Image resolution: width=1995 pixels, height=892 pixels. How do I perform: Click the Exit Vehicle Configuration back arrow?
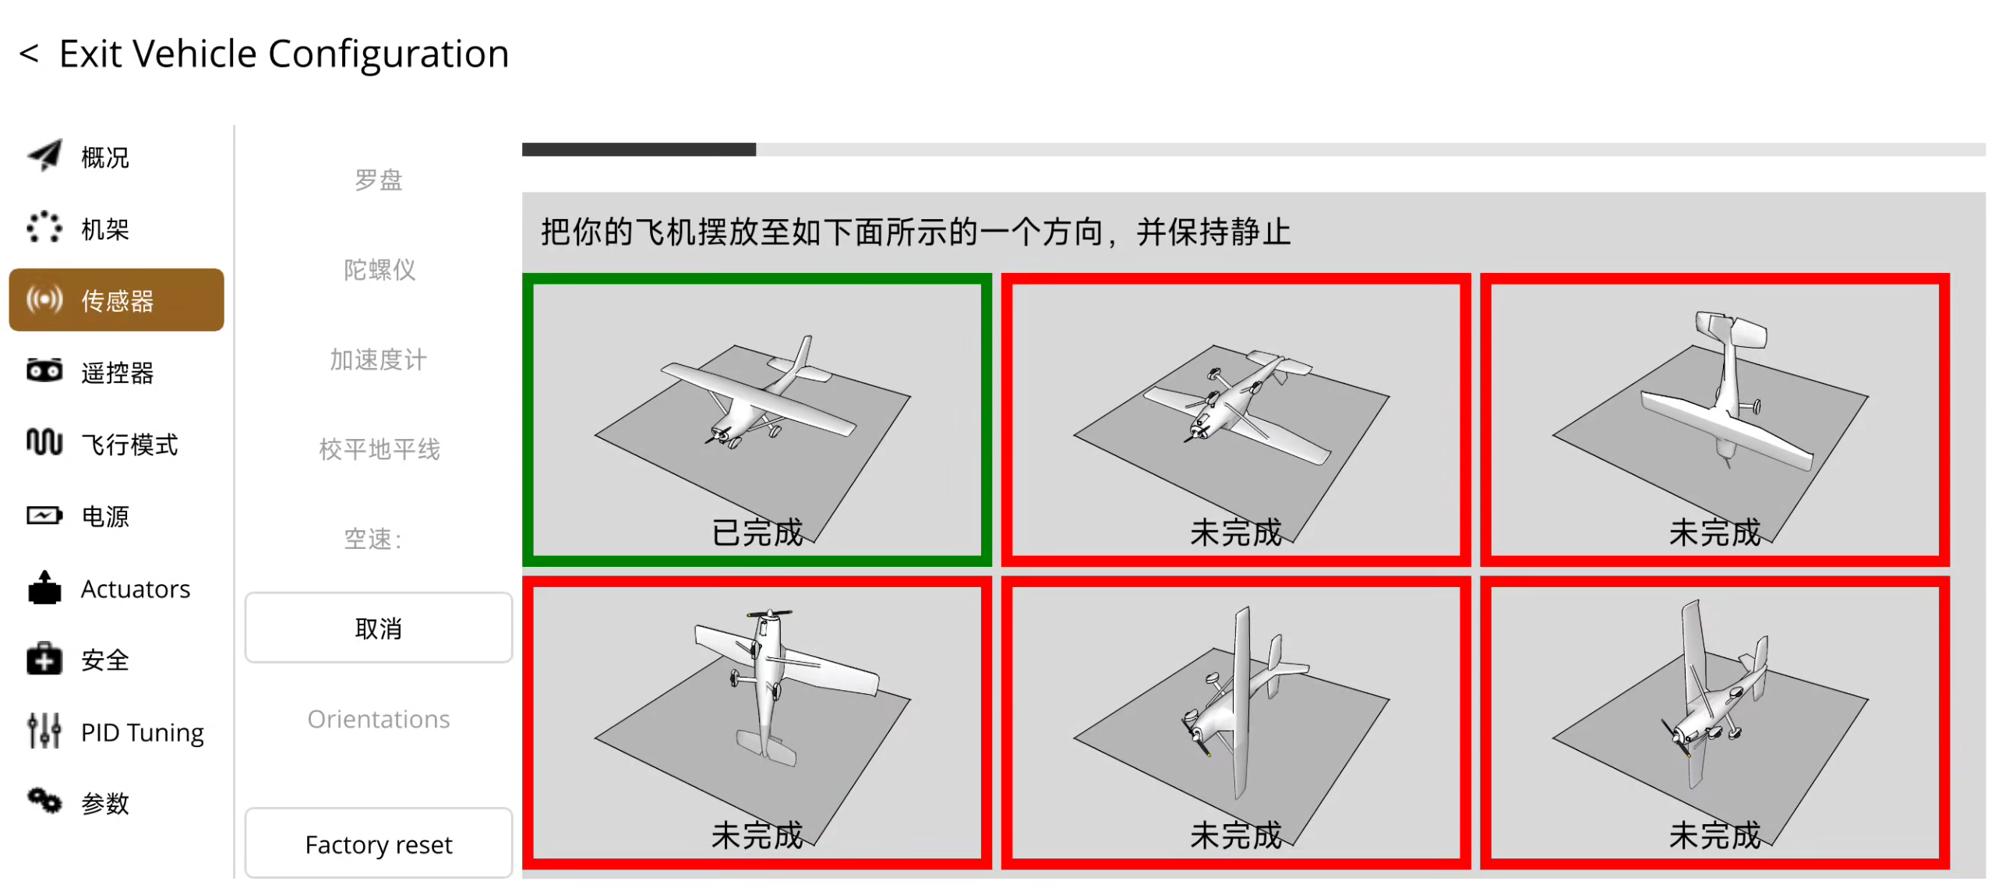click(x=29, y=54)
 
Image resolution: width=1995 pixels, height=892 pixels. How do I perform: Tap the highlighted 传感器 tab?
click(x=117, y=300)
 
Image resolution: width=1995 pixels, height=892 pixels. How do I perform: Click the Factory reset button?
click(x=379, y=844)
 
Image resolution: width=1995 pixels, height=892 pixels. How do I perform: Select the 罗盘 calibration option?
click(x=379, y=180)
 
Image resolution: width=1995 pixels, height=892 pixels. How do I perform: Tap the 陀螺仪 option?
click(x=379, y=270)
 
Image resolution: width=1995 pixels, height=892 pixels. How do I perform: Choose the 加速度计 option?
click(x=379, y=359)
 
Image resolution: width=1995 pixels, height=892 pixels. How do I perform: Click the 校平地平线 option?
click(x=379, y=449)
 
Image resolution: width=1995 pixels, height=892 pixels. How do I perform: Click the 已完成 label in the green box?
click(x=757, y=533)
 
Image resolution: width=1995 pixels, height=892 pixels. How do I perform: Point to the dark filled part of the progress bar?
click(x=639, y=150)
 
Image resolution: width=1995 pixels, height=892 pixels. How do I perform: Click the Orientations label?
click(x=379, y=719)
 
